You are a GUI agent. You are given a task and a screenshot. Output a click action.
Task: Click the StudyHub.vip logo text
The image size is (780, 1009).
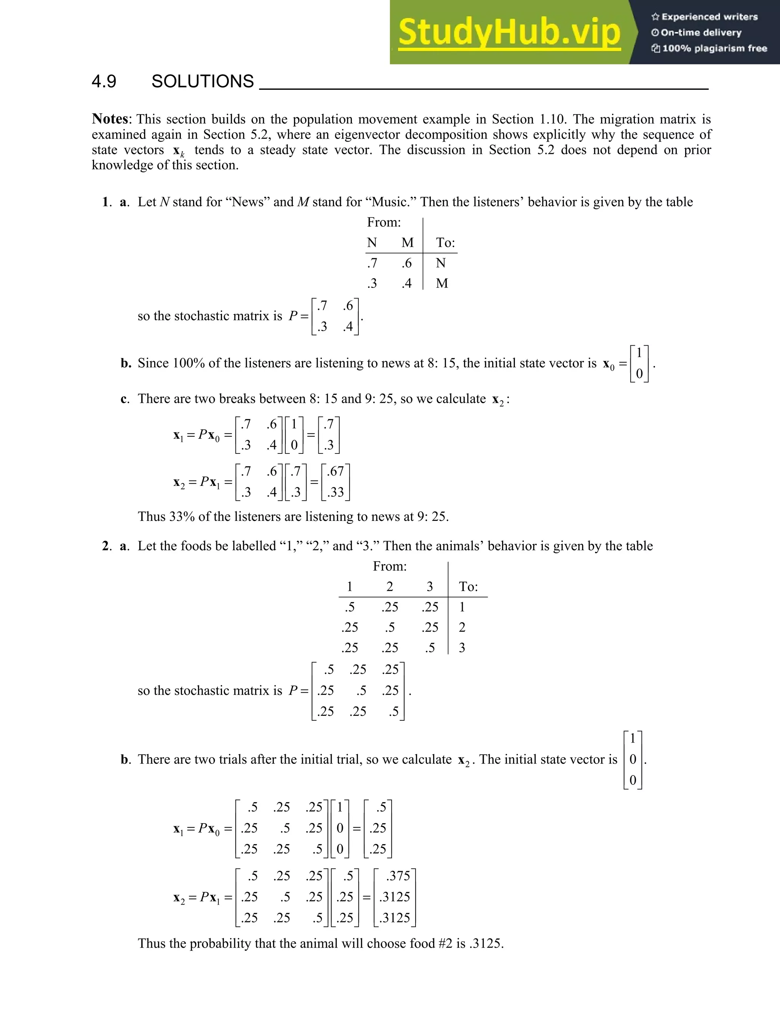click(509, 32)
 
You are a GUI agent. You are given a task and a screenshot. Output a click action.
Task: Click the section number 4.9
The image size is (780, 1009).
click(104, 81)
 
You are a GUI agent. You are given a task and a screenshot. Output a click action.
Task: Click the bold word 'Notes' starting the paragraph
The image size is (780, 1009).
click(110, 119)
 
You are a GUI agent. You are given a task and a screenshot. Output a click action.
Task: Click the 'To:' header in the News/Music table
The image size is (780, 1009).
click(446, 243)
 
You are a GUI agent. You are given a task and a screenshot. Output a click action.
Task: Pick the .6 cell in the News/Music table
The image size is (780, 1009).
click(407, 263)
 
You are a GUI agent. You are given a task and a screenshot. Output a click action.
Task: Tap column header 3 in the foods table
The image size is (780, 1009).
click(430, 586)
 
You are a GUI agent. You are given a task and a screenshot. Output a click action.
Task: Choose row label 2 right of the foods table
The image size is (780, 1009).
click(462, 627)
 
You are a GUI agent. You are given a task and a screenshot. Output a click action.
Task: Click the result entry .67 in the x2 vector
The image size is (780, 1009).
click(336, 471)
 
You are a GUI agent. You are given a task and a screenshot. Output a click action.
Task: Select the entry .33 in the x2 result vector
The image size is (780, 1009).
click(336, 492)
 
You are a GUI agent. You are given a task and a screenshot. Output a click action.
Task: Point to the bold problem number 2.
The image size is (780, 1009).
click(105, 546)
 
